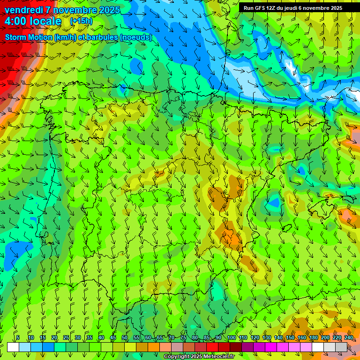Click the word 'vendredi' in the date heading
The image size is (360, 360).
[23, 10]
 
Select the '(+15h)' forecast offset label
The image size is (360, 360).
[81, 21]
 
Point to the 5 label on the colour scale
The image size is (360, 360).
[18, 338]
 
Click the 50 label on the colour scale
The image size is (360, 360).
[125, 338]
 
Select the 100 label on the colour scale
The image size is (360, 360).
[231, 338]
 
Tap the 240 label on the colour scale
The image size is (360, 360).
[349, 338]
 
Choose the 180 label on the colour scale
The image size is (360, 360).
[314, 338]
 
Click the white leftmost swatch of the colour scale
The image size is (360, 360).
[13, 347]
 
